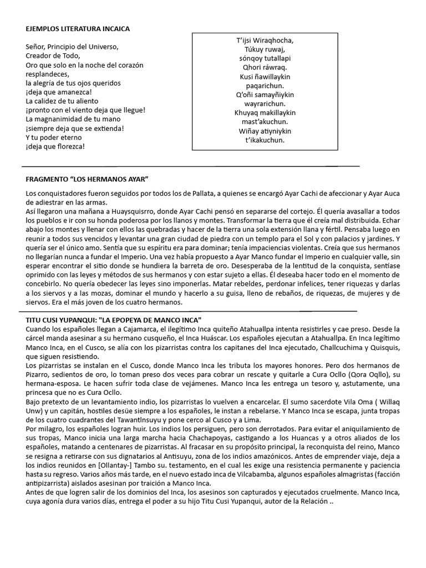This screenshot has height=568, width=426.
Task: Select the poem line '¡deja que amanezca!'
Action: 59,93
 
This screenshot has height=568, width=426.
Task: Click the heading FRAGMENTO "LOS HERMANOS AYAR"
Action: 88,180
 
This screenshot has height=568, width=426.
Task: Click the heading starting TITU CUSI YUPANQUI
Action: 113,321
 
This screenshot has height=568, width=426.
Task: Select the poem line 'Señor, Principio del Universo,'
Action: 72,47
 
